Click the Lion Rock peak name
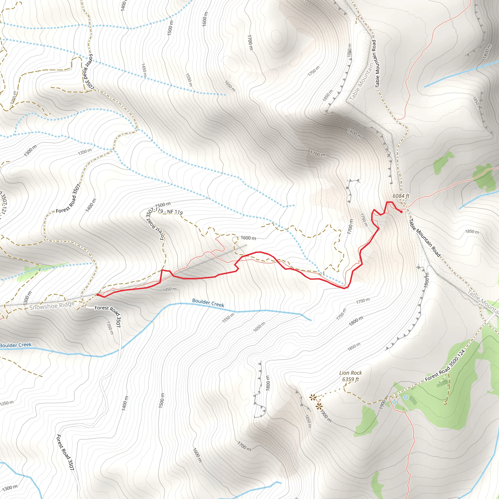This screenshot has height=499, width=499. point(350,373)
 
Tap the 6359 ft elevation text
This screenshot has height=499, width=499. point(350,379)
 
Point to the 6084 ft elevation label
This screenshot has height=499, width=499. point(401,196)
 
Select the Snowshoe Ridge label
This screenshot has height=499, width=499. point(52,306)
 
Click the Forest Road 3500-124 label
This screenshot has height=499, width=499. point(445,365)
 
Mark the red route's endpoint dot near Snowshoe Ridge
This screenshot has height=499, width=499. point(98,294)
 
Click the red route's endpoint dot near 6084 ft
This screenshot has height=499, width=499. point(401,212)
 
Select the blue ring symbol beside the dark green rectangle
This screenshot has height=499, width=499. point(406,397)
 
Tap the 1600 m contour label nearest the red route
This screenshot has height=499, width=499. point(248,238)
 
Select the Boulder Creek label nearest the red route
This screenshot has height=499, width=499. point(208,303)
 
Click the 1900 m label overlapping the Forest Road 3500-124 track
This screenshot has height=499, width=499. point(384,402)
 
